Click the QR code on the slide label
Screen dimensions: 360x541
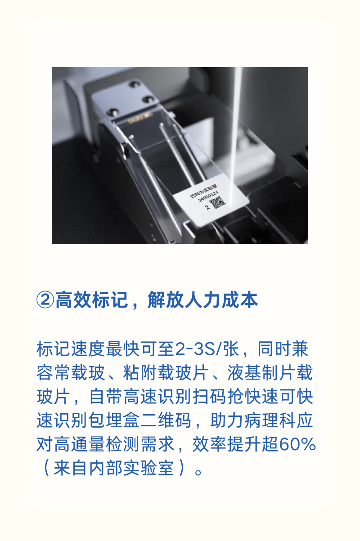click(x=218, y=203)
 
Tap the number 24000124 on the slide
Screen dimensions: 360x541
click(x=208, y=196)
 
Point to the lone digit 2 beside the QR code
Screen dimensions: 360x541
click(x=207, y=207)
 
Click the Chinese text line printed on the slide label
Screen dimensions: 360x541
click(x=203, y=190)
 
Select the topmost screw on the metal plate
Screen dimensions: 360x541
click(x=134, y=84)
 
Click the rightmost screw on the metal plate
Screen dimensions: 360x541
click(x=148, y=99)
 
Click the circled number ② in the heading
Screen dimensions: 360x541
click(x=45, y=300)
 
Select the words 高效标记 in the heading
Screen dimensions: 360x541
click(x=91, y=300)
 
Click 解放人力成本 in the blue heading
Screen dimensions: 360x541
click(x=202, y=300)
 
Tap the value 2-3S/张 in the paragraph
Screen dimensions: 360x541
click(x=207, y=349)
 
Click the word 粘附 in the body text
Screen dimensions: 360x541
click(x=140, y=373)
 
